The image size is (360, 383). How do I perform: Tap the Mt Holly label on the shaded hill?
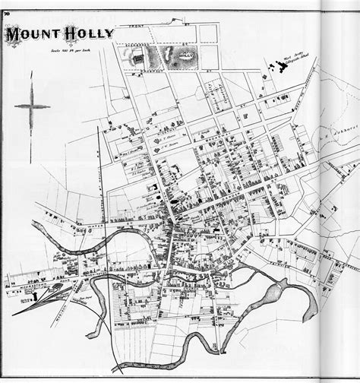coord(183,55)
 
